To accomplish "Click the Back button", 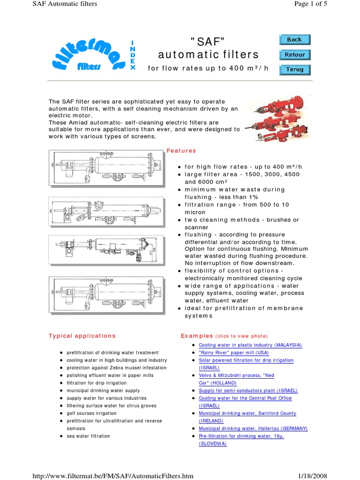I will [294, 40].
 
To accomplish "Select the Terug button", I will [294, 69].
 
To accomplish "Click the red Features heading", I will [181, 151].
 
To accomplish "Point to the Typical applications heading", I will [82, 336].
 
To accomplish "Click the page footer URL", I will [112, 476].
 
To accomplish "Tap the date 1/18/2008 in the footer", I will [313, 476].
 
